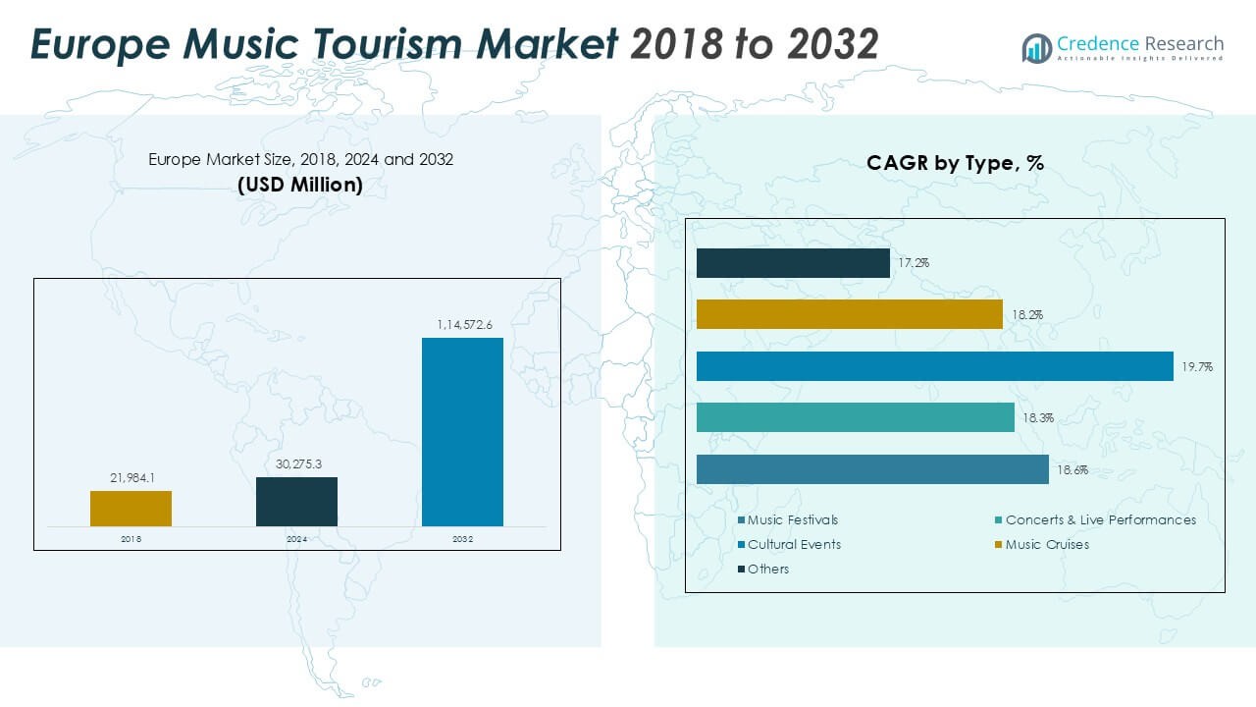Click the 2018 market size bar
coord(131,509)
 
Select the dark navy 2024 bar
coord(296,502)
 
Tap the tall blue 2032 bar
coord(462,432)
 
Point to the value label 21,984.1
coord(131,478)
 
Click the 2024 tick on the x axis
coord(296,539)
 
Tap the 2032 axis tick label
coord(462,539)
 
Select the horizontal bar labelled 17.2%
coord(793,263)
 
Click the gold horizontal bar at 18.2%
coord(849,314)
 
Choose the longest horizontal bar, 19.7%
coord(934,366)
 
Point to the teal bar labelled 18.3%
coord(855,417)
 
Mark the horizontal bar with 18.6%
coord(872,469)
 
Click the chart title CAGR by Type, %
coord(954,164)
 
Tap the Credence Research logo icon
coord(1036,47)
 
